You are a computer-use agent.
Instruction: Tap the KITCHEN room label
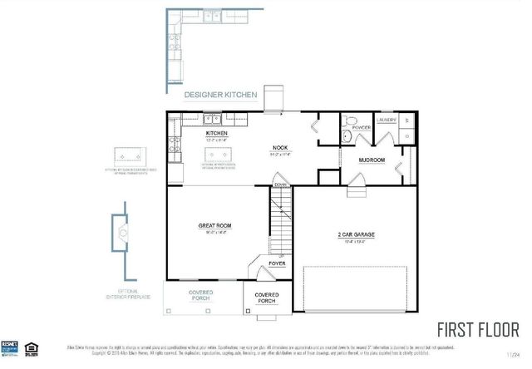(217, 133)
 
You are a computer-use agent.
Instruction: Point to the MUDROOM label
(371, 159)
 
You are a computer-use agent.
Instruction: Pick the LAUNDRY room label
(387, 120)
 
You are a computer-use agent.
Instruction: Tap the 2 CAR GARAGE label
(357, 235)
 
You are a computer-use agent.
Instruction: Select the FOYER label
(277, 263)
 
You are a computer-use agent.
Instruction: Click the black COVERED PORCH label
(267, 298)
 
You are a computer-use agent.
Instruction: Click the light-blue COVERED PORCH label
(200, 294)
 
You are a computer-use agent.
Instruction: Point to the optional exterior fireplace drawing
(122, 234)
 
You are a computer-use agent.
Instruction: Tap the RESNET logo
(11, 344)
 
